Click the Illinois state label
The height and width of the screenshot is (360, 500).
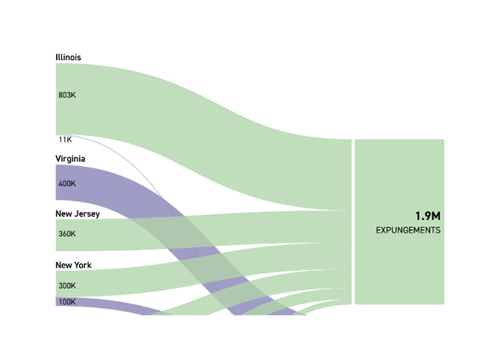[x=68, y=57]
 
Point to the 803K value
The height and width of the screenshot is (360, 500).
[x=67, y=95]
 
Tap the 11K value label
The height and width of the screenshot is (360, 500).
[x=65, y=140]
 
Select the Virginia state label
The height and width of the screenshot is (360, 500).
[x=70, y=159]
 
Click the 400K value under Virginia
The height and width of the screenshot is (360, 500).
[x=67, y=183]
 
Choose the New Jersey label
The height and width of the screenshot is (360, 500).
[x=77, y=214]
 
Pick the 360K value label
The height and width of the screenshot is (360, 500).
[x=67, y=234]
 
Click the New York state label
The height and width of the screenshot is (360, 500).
[x=73, y=265]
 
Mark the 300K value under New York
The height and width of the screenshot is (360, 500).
[x=67, y=285]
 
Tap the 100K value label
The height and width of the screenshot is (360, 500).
[x=67, y=302]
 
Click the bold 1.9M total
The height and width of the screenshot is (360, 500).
[x=427, y=216]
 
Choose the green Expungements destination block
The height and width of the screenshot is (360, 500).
[x=399, y=267]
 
